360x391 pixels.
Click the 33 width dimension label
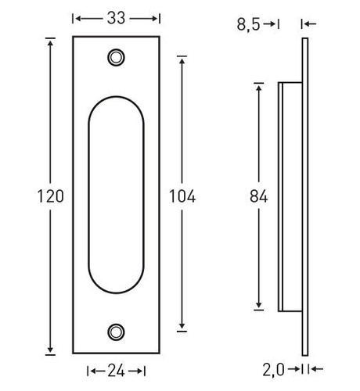pyautogui.click(x=116, y=18)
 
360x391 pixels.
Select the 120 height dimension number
pyautogui.click(x=51, y=196)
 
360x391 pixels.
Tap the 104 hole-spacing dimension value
pyautogui.click(x=182, y=196)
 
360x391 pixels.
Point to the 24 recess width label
pyautogui.click(x=116, y=371)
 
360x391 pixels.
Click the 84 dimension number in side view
pyautogui.click(x=258, y=196)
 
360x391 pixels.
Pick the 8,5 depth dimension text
pyautogui.click(x=248, y=25)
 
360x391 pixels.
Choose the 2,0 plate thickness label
pyautogui.click(x=273, y=370)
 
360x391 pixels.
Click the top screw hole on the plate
pyautogui.click(x=116, y=57)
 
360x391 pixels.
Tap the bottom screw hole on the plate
pyautogui.click(x=116, y=332)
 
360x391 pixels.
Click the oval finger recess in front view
pyautogui.click(x=88, y=195)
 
